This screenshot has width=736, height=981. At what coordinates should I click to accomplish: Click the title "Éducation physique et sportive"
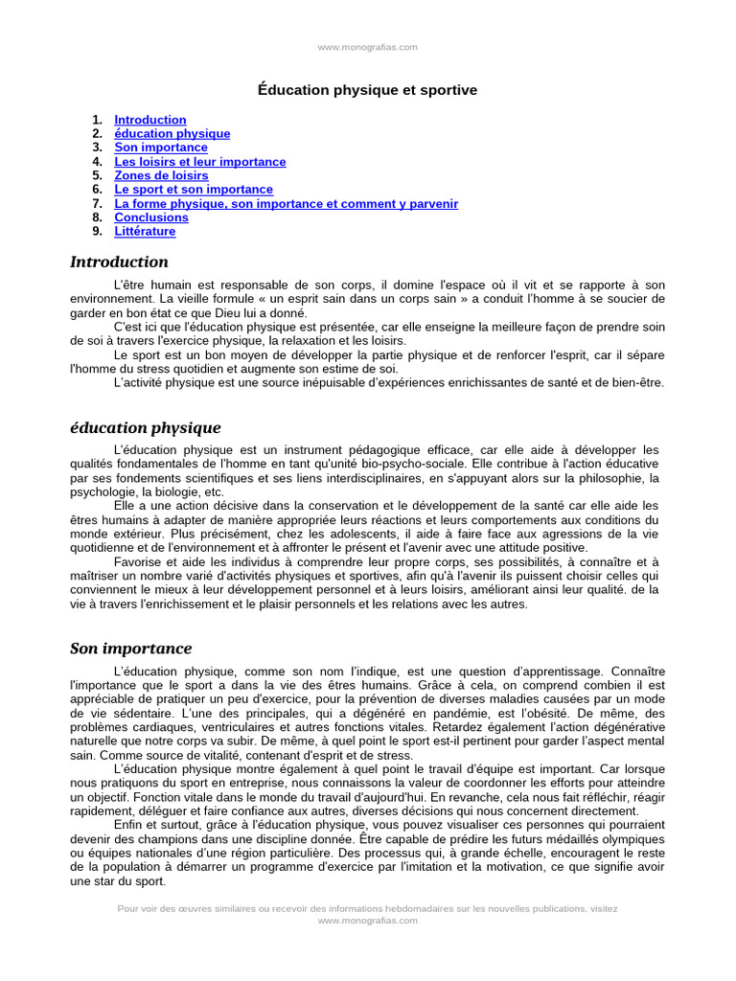[367, 90]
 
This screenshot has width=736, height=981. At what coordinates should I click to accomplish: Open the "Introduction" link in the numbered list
[150, 120]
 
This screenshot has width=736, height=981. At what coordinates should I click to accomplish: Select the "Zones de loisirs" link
[161, 175]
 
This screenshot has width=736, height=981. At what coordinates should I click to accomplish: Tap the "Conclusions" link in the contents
[151, 217]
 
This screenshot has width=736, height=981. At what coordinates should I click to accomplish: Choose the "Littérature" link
[145, 231]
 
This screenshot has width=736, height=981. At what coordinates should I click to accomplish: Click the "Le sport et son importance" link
[194, 190]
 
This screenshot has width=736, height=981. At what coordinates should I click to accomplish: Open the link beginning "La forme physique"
[286, 203]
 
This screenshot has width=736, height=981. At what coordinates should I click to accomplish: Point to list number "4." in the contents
[97, 162]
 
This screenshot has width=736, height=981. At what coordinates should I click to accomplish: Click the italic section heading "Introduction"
[119, 262]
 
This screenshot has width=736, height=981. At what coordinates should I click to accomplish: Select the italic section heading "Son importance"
[130, 649]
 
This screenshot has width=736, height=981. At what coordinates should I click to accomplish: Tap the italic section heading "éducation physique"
[145, 427]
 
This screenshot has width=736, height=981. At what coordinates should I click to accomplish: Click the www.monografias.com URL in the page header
[367, 47]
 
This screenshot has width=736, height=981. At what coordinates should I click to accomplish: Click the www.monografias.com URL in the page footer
[367, 920]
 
